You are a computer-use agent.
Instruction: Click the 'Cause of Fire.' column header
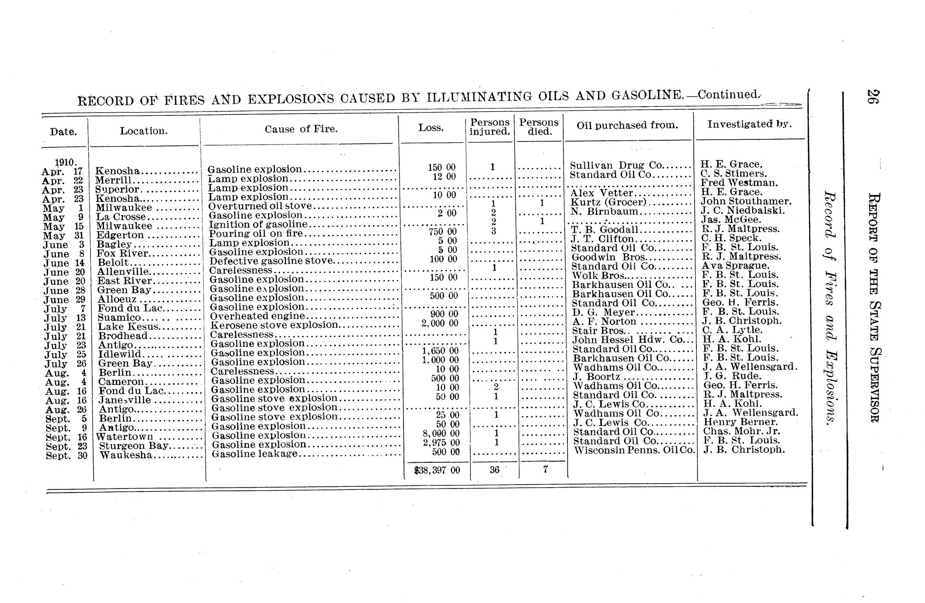301,129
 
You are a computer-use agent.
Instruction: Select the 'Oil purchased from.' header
627,125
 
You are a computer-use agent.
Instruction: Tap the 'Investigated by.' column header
749,124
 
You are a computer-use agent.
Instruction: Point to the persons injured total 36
494,470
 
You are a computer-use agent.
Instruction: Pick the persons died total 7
545,469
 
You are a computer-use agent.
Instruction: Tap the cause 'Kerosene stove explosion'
275,325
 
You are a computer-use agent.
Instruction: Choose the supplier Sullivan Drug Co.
616,165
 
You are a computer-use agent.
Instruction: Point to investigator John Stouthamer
746,201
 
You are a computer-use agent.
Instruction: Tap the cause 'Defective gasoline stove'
271,261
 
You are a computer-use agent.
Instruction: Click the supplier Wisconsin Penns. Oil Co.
634,450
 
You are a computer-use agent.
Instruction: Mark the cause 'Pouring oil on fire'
256,233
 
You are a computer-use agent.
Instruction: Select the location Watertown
125,437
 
